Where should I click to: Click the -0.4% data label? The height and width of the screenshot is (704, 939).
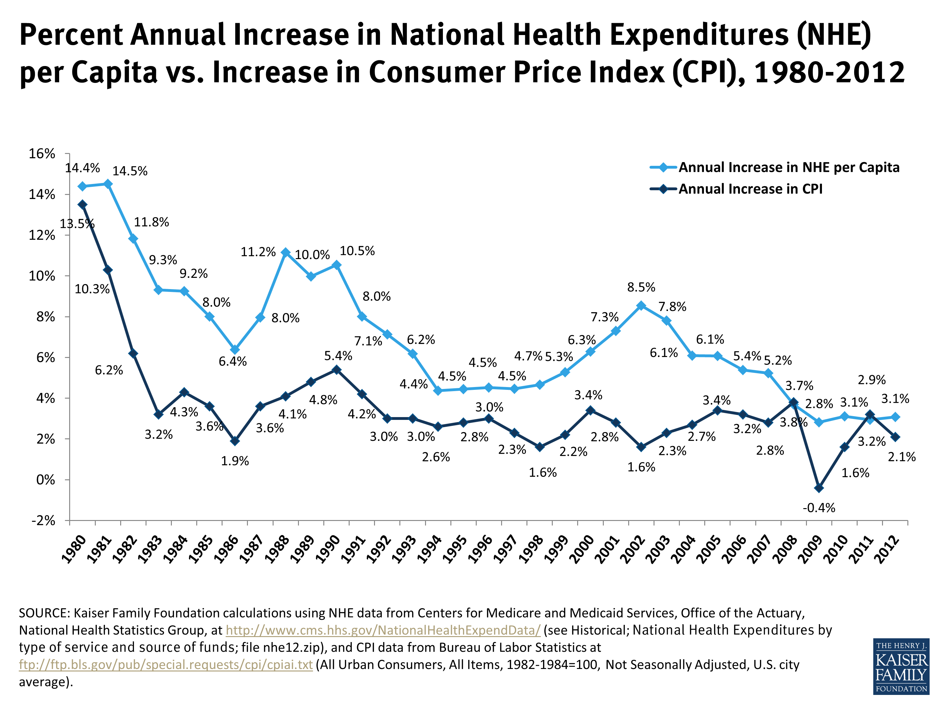pos(818,508)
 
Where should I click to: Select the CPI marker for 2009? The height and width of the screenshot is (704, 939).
pos(819,488)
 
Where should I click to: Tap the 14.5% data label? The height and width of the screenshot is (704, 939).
pos(130,171)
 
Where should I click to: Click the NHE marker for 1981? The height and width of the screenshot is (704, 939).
pos(108,184)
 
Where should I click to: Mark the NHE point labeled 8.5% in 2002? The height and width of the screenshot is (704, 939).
pos(641,305)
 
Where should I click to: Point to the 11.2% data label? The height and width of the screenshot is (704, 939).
pos(258,252)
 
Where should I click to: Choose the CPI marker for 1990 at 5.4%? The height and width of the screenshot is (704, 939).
pos(336,370)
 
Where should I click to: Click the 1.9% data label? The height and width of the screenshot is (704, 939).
pos(235,461)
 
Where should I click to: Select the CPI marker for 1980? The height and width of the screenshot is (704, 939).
pos(83,205)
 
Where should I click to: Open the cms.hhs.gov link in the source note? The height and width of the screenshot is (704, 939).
pos(383,630)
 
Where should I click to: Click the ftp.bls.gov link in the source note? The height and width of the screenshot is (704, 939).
pos(166,665)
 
